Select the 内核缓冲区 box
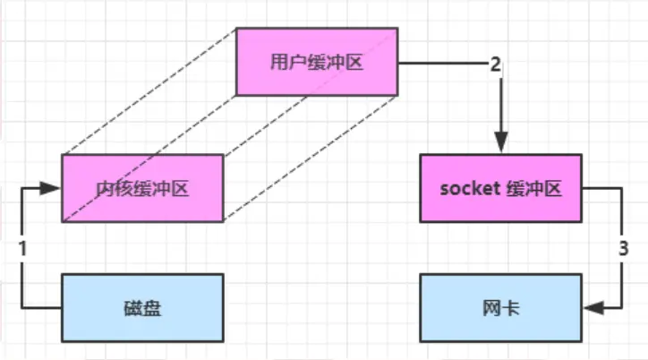pyautogui.click(x=142, y=188)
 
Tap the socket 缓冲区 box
pyautogui.click(x=501, y=188)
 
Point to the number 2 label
pyautogui.click(x=495, y=64)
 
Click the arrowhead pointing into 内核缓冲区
pyautogui.click(x=53, y=188)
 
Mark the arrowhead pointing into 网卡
pyautogui.click(x=593, y=307)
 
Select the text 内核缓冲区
pyautogui.click(x=142, y=188)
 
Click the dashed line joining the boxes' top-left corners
pyautogui.click(x=149, y=91)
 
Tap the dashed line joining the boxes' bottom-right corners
pyautogui.click(x=309, y=159)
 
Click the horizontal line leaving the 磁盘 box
pyautogui.click(x=40, y=307)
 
